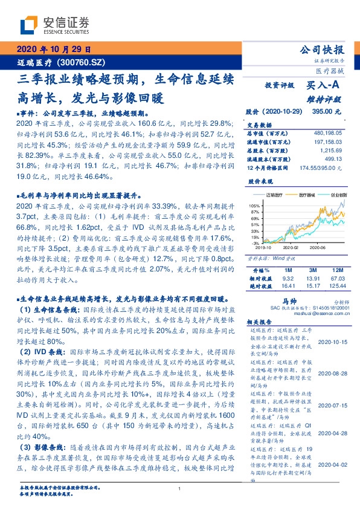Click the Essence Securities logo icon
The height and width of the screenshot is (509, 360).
pos(30,26)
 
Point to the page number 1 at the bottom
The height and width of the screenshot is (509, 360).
pos(180,489)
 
